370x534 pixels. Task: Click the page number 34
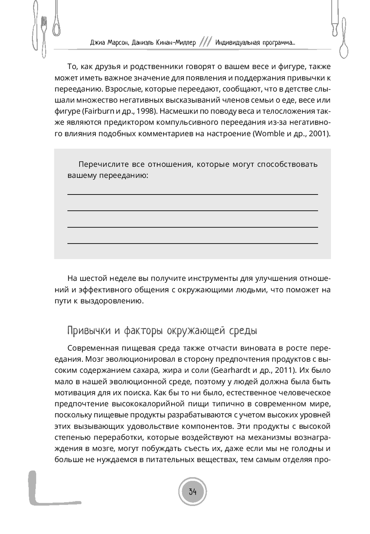(x=192, y=492)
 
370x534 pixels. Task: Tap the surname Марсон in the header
(x=117, y=43)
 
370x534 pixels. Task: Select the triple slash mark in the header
(x=205, y=42)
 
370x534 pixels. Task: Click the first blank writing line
(x=192, y=194)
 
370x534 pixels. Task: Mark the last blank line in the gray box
(x=192, y=243)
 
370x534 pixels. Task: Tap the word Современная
(x=93, y=348)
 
